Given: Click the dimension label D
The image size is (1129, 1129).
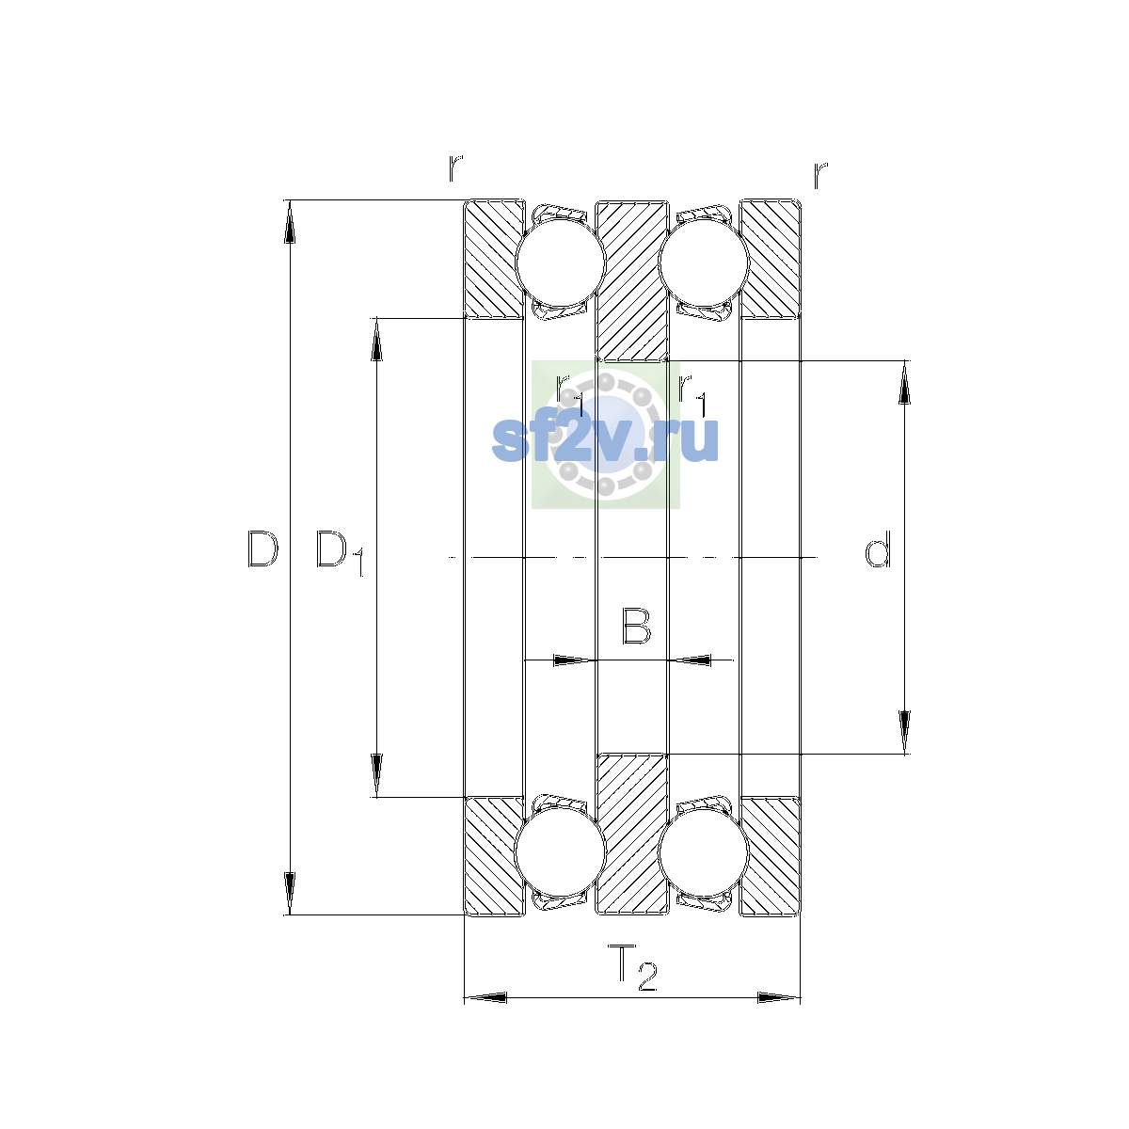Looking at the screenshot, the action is [262, 549].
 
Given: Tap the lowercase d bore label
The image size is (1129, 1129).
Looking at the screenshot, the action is [877, 549].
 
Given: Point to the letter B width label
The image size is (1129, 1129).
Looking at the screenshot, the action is [636, 627].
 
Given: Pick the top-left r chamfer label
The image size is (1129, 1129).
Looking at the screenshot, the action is [455, 168].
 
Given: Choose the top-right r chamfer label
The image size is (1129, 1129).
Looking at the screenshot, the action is [820, 175].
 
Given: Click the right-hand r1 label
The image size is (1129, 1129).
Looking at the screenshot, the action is [692, 395].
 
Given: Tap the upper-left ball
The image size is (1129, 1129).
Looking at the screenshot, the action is [560, 262].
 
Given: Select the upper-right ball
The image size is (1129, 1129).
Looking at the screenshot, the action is [704, 262].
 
